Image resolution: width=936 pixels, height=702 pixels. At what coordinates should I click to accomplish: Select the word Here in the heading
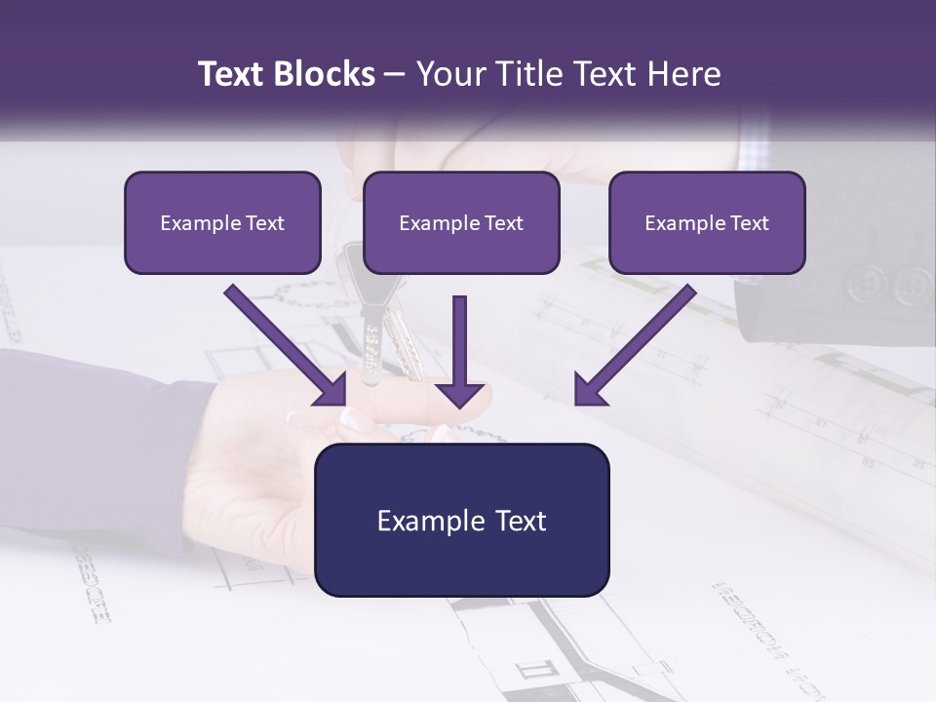685,74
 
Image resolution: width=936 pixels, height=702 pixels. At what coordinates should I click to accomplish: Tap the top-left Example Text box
222,222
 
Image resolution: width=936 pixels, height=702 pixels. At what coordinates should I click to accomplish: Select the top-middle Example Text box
461,222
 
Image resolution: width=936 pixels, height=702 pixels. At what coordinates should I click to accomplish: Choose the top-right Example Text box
707,222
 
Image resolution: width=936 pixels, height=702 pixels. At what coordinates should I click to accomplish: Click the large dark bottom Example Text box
462,521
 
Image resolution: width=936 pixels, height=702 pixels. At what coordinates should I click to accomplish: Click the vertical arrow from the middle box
460,351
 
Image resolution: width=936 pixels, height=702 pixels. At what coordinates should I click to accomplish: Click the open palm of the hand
253,468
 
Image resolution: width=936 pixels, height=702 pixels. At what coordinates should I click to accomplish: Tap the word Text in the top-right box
749,222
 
